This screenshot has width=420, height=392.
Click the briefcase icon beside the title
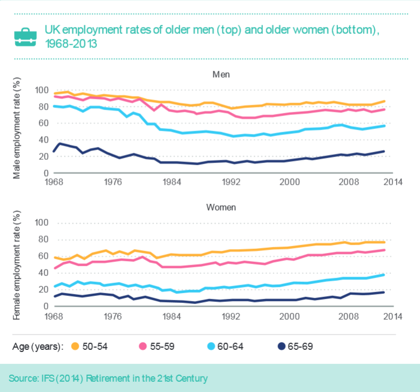[25, 36]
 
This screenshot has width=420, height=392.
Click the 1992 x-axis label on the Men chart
[231, 182]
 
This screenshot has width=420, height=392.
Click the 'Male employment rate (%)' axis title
[17, 129]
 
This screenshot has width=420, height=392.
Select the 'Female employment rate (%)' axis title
[17, 262]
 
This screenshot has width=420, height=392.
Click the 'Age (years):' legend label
[38, 346]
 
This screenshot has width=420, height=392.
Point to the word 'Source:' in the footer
[25, 378]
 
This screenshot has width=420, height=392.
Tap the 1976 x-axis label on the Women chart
[112, 315]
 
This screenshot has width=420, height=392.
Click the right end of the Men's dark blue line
[384, 151]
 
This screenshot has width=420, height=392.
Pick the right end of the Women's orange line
[384, 242]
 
